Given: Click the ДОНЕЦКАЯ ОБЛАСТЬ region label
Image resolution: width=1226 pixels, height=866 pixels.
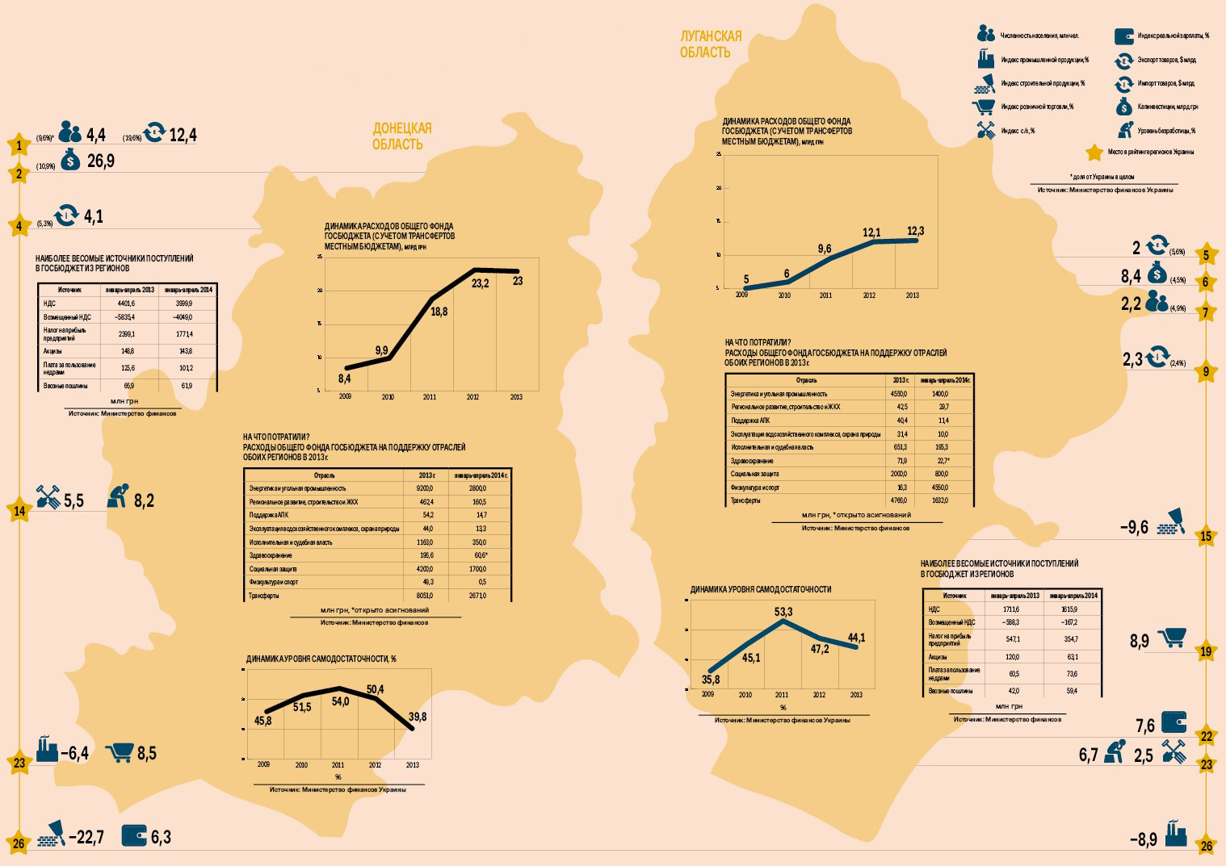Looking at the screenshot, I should [401, 136].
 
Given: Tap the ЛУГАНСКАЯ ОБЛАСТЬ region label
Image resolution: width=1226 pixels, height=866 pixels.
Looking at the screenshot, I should [710, 44].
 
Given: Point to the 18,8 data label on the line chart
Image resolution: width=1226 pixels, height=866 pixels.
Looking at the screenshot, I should [439, 312].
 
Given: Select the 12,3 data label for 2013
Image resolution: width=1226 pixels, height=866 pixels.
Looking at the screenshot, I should [915, 232].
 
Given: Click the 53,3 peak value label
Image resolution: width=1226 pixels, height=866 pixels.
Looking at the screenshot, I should [783, 612].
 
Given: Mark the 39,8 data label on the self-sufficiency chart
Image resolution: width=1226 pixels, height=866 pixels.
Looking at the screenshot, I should [418, 717].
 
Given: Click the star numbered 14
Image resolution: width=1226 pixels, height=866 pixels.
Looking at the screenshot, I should [19, 511].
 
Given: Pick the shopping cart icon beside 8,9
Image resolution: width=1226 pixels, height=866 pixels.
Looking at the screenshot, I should [1171, 638].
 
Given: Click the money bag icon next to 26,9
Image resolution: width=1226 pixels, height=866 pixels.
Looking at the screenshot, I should [70, 160].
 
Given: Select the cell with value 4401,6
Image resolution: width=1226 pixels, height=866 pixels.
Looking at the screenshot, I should [126, 303].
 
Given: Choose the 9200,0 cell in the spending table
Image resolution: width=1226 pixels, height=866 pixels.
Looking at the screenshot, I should [424, 488].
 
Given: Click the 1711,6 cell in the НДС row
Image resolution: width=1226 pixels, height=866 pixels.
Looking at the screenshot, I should [1011, 609].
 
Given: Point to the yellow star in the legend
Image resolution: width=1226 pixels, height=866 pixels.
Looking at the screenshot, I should [1094, 153].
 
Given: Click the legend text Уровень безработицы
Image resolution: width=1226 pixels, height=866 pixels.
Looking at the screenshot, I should [1166, 131].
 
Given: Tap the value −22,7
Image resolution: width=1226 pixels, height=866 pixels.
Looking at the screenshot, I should [86, 837].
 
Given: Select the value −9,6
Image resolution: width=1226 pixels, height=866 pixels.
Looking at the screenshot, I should [1133, 528].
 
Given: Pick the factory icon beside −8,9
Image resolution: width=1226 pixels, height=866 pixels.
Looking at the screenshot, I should [1176, 835].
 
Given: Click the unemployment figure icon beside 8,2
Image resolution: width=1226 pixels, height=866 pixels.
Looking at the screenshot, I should [118, 497].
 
